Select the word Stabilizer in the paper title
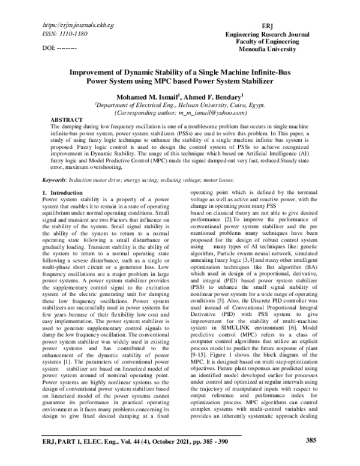point(253,79)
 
